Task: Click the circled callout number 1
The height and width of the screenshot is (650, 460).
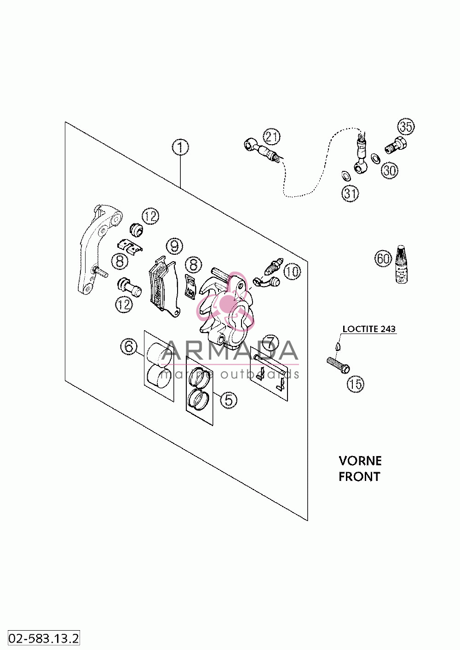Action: coord(180,148)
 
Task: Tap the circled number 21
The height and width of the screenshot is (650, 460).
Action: coord(271,137)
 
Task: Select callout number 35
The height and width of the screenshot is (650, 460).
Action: coord(406,127)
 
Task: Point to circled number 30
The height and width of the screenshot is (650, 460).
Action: coord(389,170)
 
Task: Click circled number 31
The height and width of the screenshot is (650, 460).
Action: coord(350,193)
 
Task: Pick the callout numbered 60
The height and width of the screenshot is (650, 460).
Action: coord(383,258)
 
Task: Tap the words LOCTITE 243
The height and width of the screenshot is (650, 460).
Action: coord(369,329)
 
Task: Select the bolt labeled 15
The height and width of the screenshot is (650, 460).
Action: coord(338,364)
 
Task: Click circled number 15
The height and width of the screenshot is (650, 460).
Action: coord(356,384)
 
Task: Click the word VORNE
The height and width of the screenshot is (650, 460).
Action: coord(360,461)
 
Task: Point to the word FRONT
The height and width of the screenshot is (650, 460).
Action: coord(359,477)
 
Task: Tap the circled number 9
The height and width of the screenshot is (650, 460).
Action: coord(174,246)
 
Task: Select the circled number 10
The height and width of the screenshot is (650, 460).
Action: coord(292,272)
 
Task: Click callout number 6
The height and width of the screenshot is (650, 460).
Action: coord(129,346)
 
